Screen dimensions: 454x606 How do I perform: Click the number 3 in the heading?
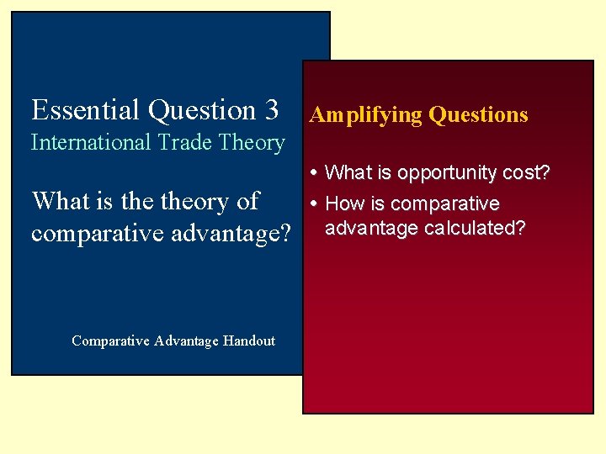[x=270, y=110]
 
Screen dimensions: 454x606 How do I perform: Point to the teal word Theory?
[x=252, y=144]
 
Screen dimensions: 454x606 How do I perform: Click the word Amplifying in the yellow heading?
[x=366, y=115]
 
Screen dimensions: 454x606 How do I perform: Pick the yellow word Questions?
[x=478, y=115]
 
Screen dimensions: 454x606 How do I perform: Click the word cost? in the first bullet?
[x=524, y=172]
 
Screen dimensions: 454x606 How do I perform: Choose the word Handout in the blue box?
[x=249, y=340]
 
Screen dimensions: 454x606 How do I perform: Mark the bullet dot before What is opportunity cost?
[x=314, y=173]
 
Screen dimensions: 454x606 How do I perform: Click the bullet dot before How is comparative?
[x=314, y=204]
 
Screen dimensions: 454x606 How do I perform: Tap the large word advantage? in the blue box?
[x=228, y=233]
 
